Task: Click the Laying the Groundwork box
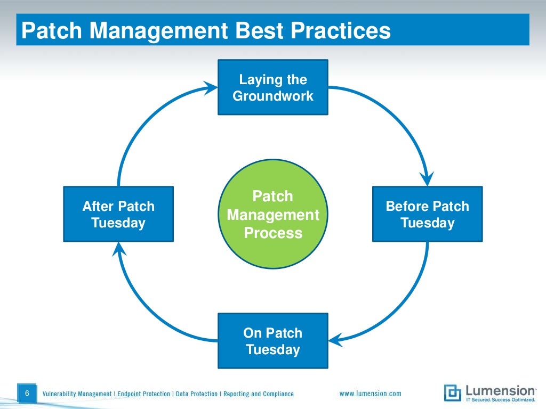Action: pos(272,87)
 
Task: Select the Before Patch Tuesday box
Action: pos(427,214)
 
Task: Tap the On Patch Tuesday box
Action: pos(272,341)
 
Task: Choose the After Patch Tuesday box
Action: pos(118,214)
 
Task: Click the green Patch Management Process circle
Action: pos(273,215)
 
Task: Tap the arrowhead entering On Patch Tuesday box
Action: pos(335,339)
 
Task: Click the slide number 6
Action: pos(27,394)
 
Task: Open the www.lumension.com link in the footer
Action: pos(370,394)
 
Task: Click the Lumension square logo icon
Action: pos(452,392)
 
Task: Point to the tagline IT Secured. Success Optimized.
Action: pos(500,399)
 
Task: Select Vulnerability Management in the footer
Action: pos(77,394)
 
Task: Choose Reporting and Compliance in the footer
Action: pos(258,394)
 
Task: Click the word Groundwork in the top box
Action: pos(272,96)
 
